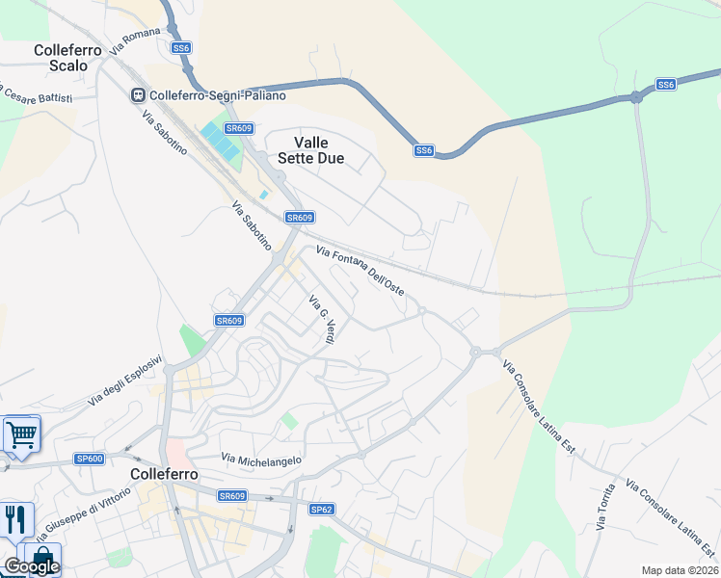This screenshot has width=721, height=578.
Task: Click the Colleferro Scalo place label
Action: (61, 58)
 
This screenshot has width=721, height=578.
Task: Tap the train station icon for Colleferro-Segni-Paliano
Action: (139, 94)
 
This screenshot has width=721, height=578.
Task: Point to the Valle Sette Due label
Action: (310, 150)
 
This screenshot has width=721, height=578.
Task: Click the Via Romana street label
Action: (134, 39)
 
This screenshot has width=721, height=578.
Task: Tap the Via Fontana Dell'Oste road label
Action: (360, 271)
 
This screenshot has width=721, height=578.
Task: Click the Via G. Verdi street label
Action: (322, 322)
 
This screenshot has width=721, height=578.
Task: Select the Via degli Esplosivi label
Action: (125, 383)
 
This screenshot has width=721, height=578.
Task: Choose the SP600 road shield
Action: (90, 459)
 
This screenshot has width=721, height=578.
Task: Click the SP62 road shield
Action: (321, 509)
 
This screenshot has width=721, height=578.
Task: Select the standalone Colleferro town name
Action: (164, 475)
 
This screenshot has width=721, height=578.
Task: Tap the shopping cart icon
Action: (20, 433)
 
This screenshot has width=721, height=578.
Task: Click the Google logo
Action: (31, 566)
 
